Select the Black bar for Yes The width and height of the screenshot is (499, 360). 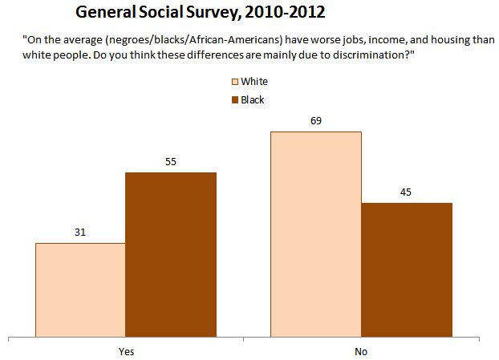pyautogui.click(x=171, y=254)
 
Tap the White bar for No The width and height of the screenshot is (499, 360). pyautogui.click(x=315, y=233)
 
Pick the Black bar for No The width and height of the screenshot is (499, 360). pyautogui.click(x=407, y=269)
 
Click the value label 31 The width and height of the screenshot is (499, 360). pyautogui.click(x=79, y=233)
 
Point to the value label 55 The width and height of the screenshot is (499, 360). pyautogui.click(x=170, y=162)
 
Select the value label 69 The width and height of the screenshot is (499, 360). pyautogui.click(x=315, y=120)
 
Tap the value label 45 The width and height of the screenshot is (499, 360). pyautogui.click(x=407, y=192)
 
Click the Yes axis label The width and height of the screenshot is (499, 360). pyautogui.click(x=125, y=351)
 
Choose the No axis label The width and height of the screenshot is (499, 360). pyautogui.click(x=361, y=351)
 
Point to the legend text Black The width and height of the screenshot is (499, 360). pyautogui.click(x=253, y=100)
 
